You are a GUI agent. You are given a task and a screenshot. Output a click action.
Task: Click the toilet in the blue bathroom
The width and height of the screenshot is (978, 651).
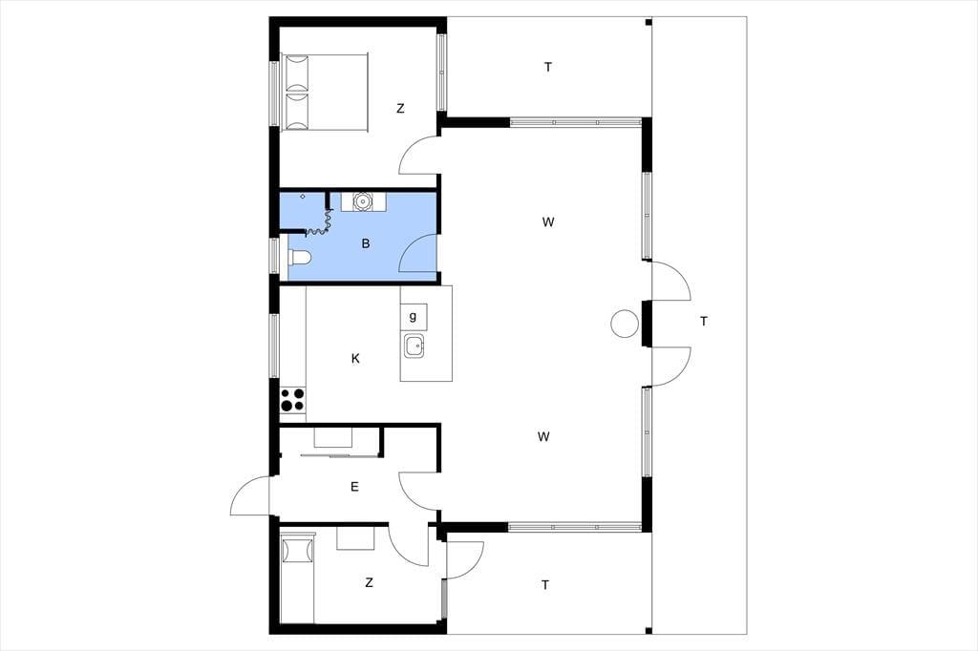[x=299, y=257]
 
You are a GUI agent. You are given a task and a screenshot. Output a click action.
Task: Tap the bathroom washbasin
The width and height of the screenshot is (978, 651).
[x=363, y=201]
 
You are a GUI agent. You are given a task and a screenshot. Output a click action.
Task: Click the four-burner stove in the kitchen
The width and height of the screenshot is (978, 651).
[x=292, y=400]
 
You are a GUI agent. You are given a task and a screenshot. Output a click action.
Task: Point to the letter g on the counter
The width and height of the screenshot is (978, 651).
[x=413, y=317]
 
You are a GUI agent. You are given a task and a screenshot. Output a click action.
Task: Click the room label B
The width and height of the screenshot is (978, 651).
[x=366, y=243]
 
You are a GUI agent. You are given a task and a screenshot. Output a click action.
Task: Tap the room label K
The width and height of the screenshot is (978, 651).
[x=355, y=359]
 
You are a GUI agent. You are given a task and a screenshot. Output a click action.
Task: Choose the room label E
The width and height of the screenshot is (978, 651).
[x=355, y=487]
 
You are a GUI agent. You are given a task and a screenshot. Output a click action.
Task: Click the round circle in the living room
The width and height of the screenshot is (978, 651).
[x=625, y=325]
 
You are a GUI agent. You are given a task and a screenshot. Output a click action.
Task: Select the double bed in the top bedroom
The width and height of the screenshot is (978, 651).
[x=325, y=93]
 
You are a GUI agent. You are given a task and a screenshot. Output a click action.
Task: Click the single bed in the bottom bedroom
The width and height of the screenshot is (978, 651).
[x=298, y=577]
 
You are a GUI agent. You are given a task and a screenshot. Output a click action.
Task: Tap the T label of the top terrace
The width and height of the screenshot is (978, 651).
[x=548, y=68]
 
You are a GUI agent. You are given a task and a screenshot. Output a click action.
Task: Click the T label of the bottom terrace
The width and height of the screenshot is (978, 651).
[x=545, y=585]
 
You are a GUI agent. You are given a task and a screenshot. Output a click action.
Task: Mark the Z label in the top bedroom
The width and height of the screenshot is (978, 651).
[x=400, y=109]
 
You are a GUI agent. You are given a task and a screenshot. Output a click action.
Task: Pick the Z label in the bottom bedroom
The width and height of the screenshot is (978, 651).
[x=370, y=583]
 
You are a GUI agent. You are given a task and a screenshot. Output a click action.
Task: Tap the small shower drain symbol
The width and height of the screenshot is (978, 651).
[x=303, y=197]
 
